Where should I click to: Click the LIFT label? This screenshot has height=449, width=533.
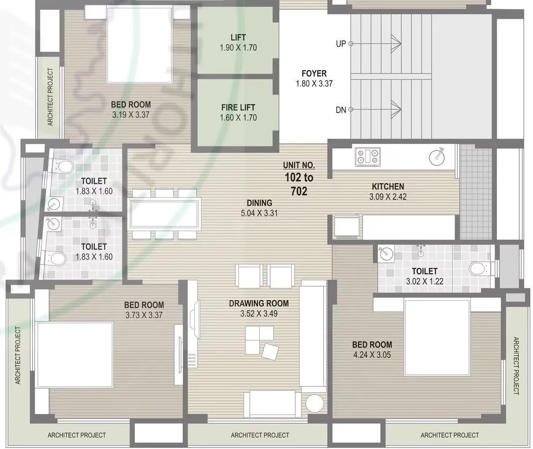coord(238,37)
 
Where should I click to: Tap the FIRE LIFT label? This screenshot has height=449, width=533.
coord(238,107)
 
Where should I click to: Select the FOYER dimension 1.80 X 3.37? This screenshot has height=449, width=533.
coord(314,84)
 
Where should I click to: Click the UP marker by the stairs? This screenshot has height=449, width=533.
coord(341,44)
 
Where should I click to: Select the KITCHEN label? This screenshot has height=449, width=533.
coord(388,186)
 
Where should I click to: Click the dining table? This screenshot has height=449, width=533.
coord(164,214)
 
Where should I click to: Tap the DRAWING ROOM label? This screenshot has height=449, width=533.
coord(259,303)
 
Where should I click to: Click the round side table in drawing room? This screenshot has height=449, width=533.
coord(314,404)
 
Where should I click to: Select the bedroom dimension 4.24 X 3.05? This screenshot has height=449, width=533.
coord(372,355)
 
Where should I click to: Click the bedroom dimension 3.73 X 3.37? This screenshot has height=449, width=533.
coord(144,314)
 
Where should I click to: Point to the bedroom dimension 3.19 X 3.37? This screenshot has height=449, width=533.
coord(131,115)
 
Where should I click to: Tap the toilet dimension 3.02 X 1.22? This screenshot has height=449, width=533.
coord(425,281)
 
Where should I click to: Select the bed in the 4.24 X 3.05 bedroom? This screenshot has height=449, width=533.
coord(437,339)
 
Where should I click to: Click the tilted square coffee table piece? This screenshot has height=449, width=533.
coord(270,352)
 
